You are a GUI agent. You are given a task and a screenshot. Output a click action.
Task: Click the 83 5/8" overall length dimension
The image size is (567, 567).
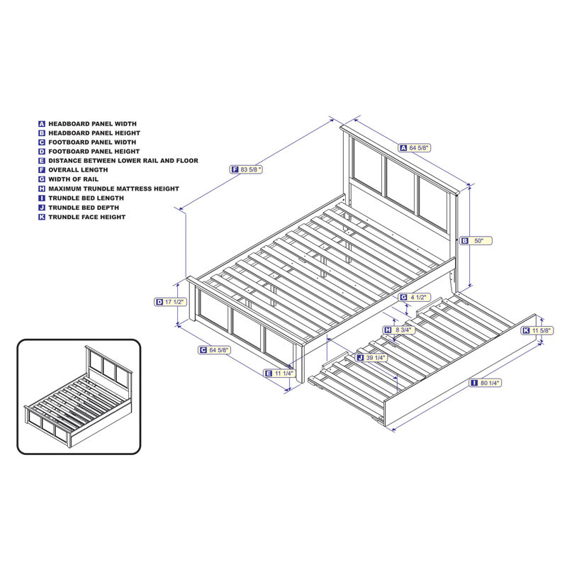click(x=251, y=169)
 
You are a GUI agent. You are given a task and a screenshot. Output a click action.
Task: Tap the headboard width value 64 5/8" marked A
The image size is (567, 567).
click(x=419, y=148)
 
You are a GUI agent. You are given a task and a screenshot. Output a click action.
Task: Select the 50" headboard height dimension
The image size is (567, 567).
click(x=478, y=241)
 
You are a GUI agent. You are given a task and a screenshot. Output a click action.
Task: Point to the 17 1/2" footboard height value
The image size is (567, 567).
click(x=174, y=302)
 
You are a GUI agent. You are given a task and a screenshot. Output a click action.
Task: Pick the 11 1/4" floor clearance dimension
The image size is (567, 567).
click(x=283, y=373)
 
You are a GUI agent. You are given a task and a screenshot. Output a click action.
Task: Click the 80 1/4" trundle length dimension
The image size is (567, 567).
click(x=488, y=383)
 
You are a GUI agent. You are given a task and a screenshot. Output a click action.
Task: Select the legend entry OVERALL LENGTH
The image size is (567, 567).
click(x=78, y=170)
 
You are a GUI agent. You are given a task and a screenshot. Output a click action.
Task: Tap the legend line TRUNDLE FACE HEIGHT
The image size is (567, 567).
click(x=86, y=217)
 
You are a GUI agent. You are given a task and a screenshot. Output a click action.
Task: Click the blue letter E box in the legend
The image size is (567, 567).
click(x=42, y=161)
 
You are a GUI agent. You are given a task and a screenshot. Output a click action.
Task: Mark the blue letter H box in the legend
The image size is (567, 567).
click(x=42, y=189)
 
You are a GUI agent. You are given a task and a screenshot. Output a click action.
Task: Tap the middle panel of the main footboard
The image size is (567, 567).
click(x=245, y=328)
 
